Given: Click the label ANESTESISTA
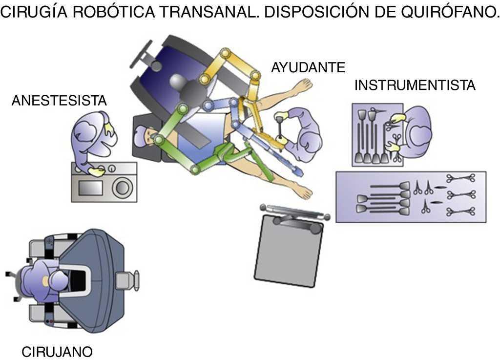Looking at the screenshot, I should click(59, 101).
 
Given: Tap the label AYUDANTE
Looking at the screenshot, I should click(308, 67).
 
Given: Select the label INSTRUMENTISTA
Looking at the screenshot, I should click(415, 85).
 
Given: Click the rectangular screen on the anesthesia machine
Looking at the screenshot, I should click(89, 187).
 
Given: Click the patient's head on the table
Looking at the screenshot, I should click(146, 134).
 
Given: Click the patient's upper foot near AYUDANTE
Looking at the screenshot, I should click(302, 86).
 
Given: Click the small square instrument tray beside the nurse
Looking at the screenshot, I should click(376, 135).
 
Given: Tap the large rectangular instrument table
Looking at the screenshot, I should click(411, 197).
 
